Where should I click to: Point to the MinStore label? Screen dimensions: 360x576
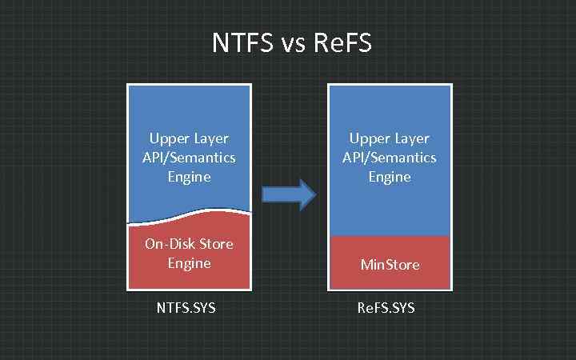pyautogui.click(x=390, y=265)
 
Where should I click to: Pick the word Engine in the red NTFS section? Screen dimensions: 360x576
pyautogui.click(x=189, y=262)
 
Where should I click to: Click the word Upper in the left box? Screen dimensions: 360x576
pyautogui.click(x=166, y=138)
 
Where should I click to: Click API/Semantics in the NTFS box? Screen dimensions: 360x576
pyautogui.click(x=189, y=158)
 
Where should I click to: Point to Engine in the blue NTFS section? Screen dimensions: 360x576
pyautogui.click(x=189, y=177)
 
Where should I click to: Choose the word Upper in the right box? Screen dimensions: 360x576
pyautogui.click(x=368, y=138)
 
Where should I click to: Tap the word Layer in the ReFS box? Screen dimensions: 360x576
pyautogui.click(x=411, y=139)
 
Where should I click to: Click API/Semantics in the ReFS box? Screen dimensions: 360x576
pyautogui.click(x=390, y=158)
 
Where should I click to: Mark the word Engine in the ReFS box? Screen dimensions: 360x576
pyautogui.click(x=390, y=177)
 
